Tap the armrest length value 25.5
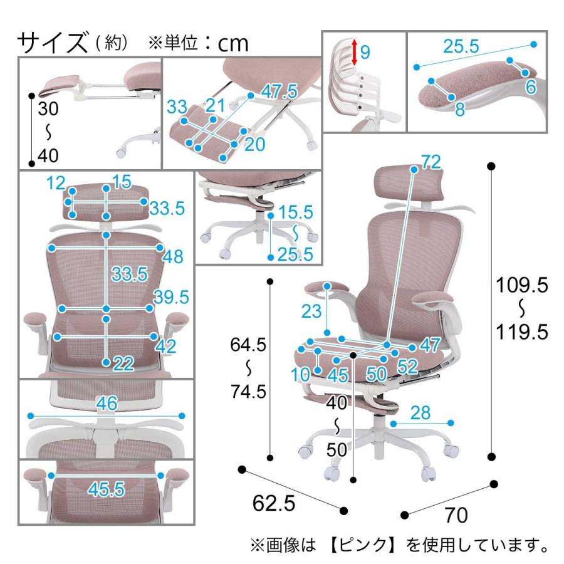pyautogui.click(x=461, y=46)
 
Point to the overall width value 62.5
pyautogui.click(x=274, y=502)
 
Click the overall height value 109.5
pyautogui.click(x=522, y=286)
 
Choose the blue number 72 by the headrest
pyautogui.click(x=430, y=162)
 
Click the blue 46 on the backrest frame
pyautogui.click(x=107, y=404)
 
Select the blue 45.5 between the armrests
pyautogui.click(x=106, y=489)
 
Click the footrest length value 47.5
pyautogui.click(x=279, y=91)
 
